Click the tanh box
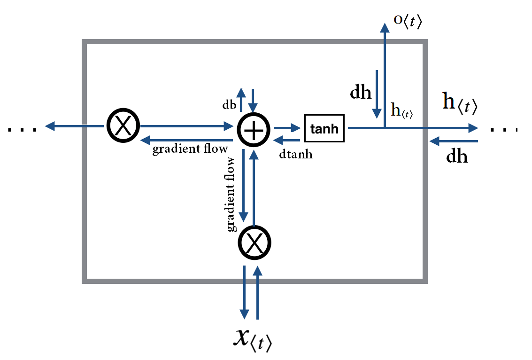324,128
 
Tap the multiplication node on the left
123,126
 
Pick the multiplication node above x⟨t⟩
254,243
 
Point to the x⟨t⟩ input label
252,339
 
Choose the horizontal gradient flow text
190,149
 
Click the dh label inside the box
361,92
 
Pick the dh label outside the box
457,156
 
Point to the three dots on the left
23,128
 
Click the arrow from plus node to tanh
287,127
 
